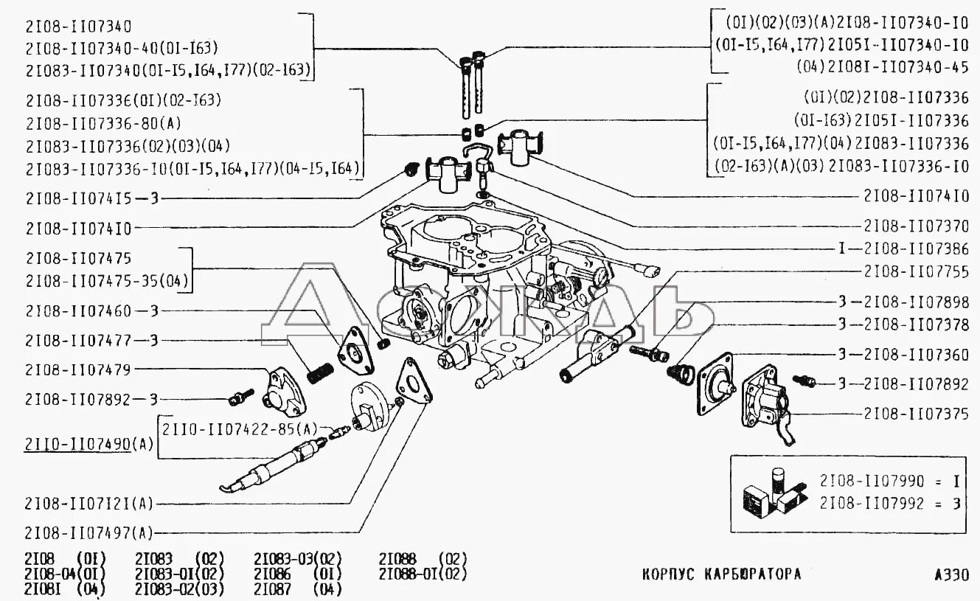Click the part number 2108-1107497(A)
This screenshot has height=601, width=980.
pyautogui.click(x=88, y=532)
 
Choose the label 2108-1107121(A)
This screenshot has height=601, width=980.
pyautogui.click(x=88, y=504)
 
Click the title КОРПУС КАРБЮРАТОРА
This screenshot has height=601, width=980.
pyautogui.click(x=720, y=574)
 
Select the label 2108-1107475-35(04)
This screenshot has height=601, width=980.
pyautogui.click(x=107, y=280)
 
